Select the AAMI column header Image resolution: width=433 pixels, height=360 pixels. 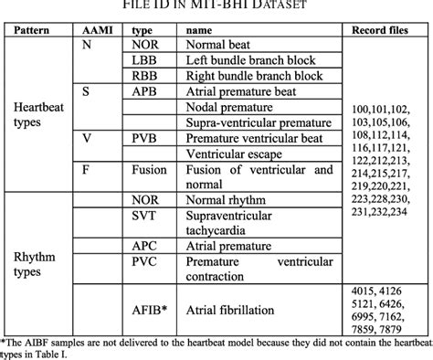tap(94, 30)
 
